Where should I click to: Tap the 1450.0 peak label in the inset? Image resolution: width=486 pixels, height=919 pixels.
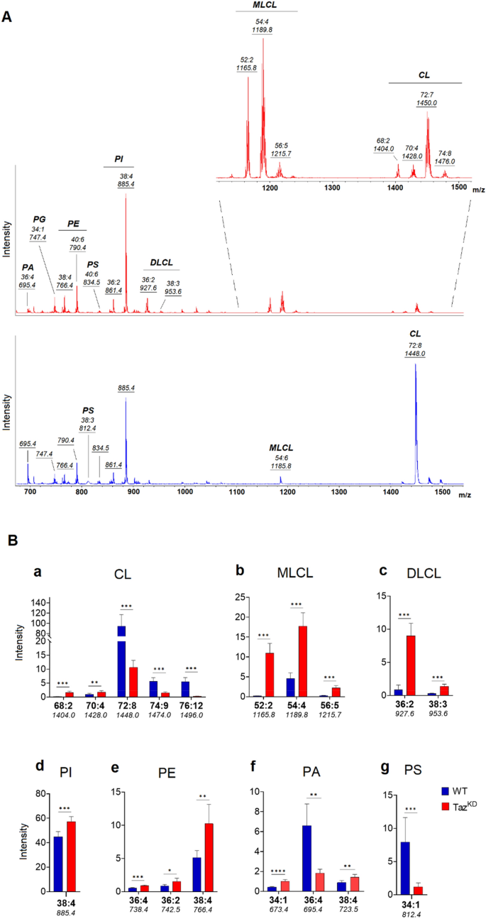[427, 103]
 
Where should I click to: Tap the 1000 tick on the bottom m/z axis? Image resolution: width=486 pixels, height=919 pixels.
[184, 491]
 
